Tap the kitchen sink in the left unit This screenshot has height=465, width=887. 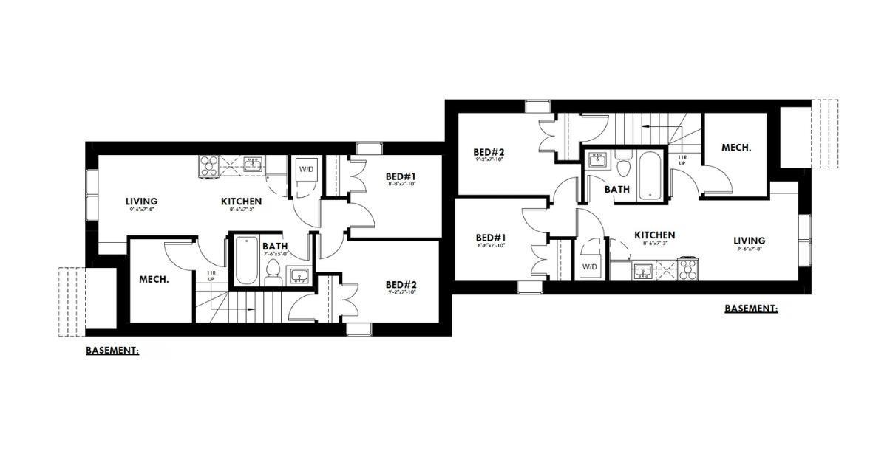[x=254, y=164]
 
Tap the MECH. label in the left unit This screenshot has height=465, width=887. [x=154, y=280]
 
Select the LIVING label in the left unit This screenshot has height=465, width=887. [x=141, y=201]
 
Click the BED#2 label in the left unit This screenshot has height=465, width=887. [x=401, y=284]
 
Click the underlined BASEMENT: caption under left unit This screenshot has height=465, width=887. [x=112, y=351]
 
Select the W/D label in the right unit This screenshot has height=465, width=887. [x=589, y=266]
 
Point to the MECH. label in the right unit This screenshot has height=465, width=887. [x=736, y=148]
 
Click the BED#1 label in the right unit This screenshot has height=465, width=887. [x=492, y=238]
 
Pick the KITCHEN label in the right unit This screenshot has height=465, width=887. [x=654, y=235]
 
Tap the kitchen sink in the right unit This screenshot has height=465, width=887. [x=642, y=272]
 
